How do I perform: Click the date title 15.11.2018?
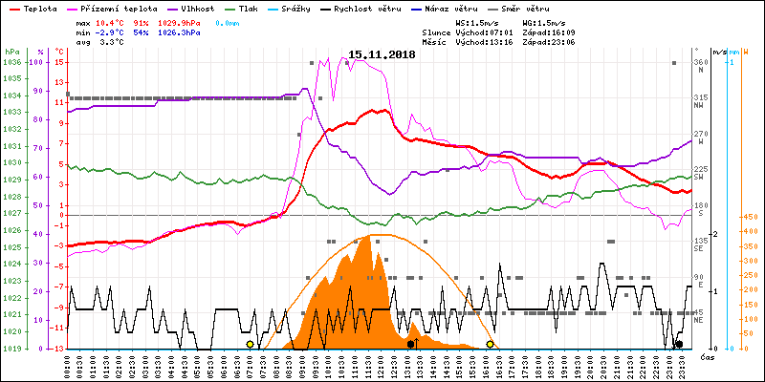click(x=382, y=55)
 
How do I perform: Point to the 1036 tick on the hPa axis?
click(x=11, y=62)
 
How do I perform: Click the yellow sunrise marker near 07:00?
click(x=251, y=344)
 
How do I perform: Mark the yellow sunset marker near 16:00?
click(x=491, y=344)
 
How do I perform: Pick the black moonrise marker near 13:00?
click(x=411, y=344)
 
